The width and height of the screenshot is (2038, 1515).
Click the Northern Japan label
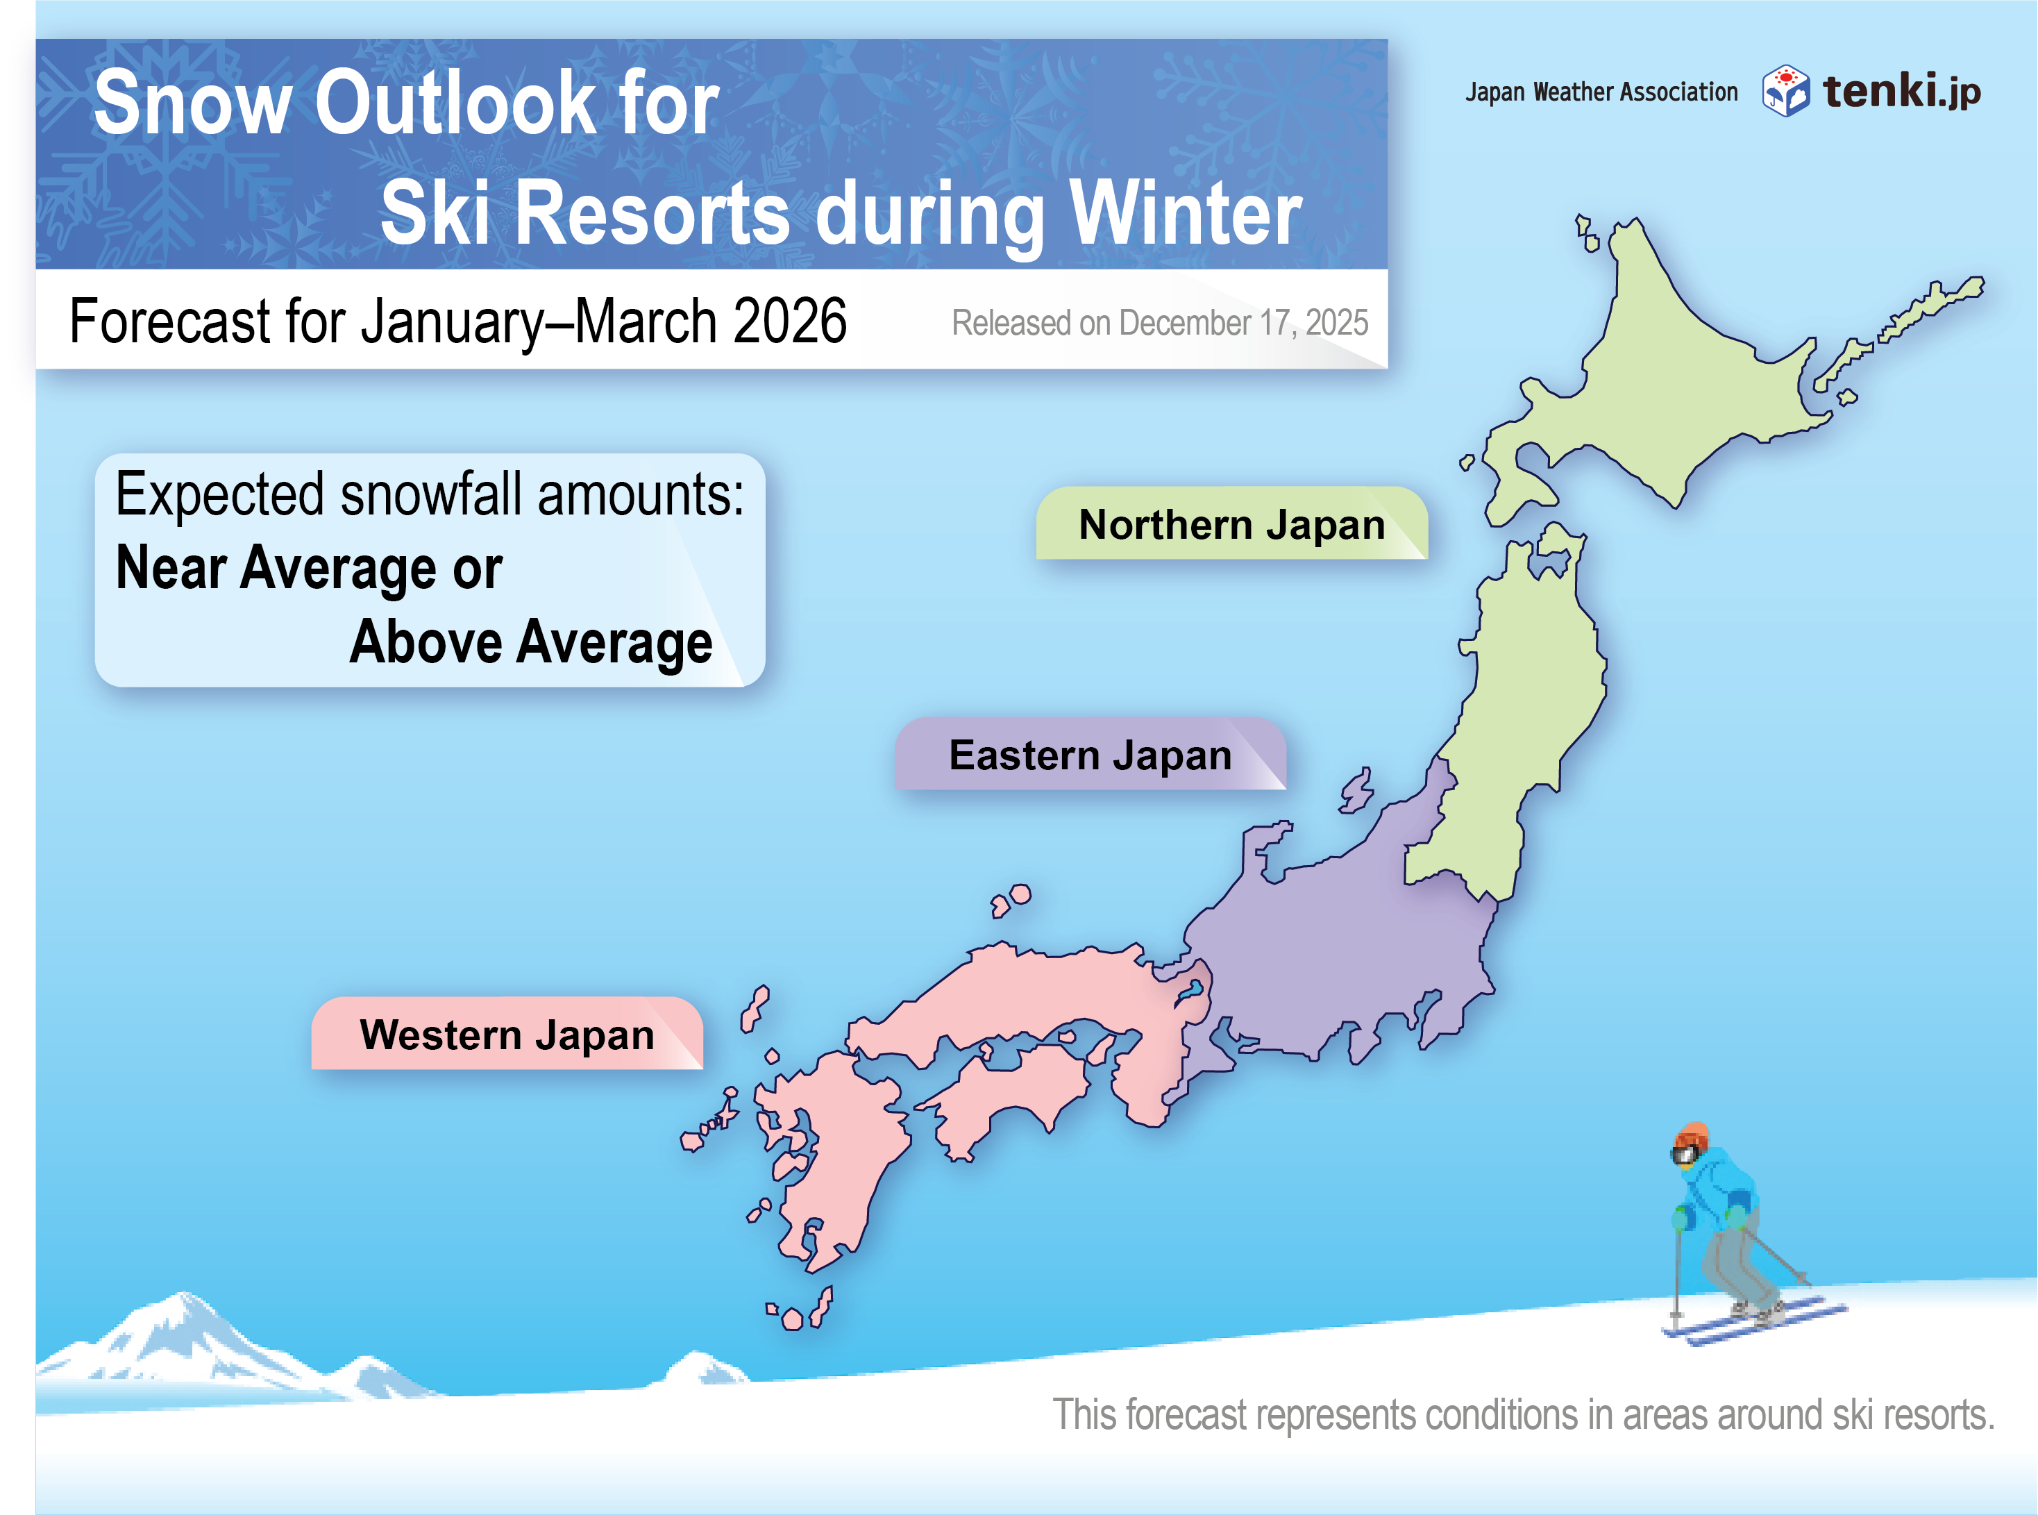pyautogui.click(x=1231, y=524)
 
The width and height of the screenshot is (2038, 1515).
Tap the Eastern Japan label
pyautogui.click(x=1090, y=754)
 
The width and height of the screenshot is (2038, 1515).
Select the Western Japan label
pyautogui.click(x=507, y=1034)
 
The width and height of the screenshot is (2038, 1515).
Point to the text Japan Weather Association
pyautogui.click(x=1601, y=92)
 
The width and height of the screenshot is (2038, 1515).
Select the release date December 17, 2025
pyautogui.click(x=1243, y=323)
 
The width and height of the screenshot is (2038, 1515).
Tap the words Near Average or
pyautogui.click(x=309, y=568)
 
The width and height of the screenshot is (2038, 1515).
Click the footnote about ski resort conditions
pyautogui.click(x=1523, y=1415)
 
